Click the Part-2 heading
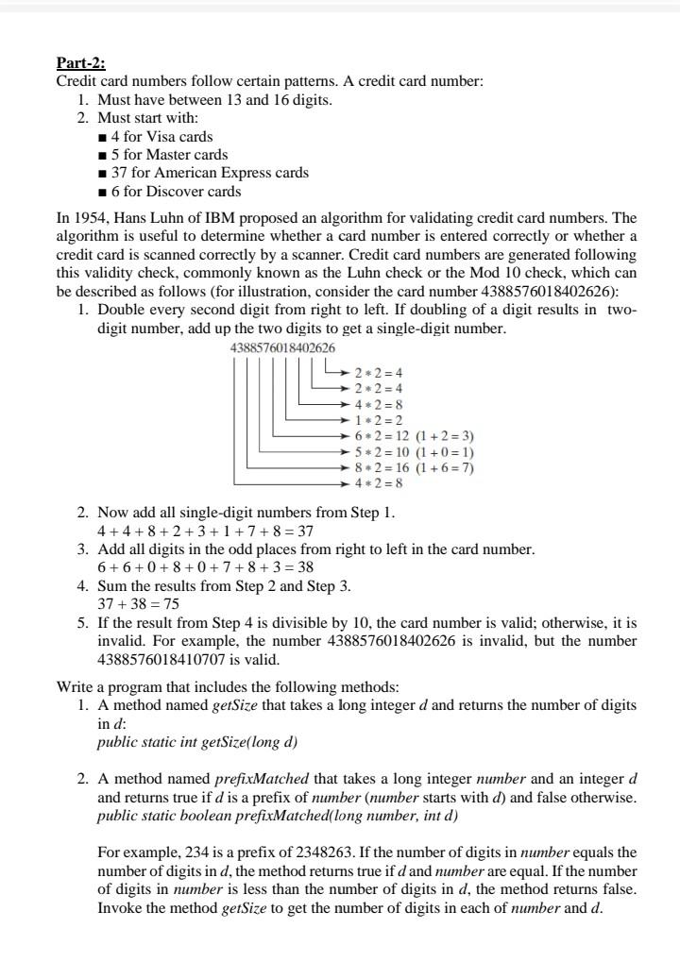[81, 63]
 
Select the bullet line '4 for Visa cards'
[161, 136]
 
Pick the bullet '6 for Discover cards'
[176, 191]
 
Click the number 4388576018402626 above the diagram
[282, 347]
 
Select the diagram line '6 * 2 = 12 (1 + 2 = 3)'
[414, 436]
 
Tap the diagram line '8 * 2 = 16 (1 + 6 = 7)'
[414, 467]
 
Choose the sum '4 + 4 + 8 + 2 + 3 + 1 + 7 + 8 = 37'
[205, 531]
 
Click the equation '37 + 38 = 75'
[139, 604]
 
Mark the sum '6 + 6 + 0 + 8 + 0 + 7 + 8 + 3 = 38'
[206, 567]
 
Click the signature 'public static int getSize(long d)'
[197, 741]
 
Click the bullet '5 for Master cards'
[169, 154]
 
